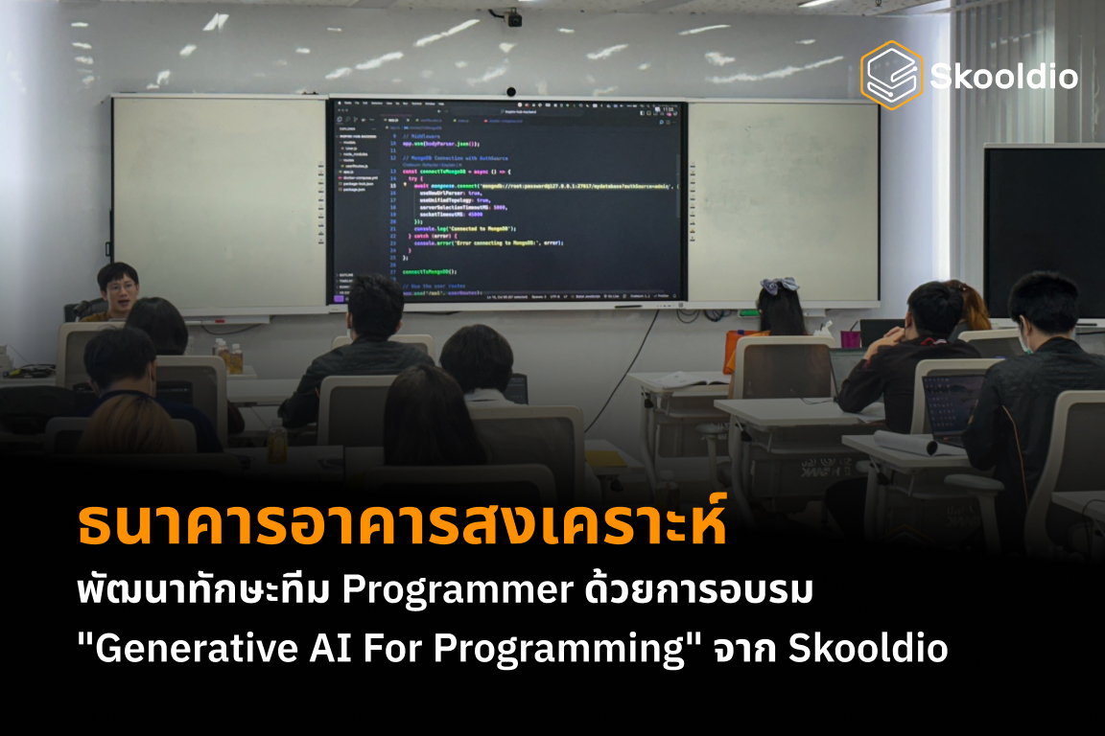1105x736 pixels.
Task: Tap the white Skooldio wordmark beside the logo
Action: click(1003, 77)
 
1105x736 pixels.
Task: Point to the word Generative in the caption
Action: click(167, 649)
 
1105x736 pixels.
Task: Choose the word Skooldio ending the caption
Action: click(868, 649)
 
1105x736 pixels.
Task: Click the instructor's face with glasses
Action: click(120, 287)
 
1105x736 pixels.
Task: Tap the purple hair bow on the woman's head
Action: click(778, 285)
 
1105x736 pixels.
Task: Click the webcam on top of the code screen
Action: click(510, 92)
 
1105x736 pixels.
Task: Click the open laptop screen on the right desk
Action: click(952, 402)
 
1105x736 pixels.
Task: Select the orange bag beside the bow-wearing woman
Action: click(733, 349)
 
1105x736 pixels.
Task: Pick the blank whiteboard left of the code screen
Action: click(220, 201)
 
